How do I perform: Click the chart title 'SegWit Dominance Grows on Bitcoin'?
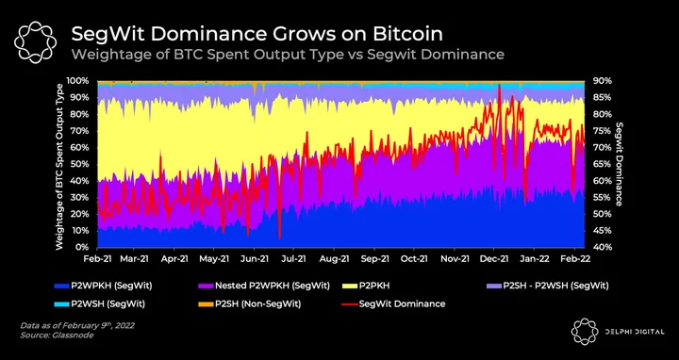257,34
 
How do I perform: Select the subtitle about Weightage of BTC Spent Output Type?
288,55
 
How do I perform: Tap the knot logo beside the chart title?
35,42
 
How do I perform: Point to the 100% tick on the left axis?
78,81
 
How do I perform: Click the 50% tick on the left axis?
80,164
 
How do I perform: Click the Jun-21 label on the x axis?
254,258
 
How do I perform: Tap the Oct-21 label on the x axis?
414,258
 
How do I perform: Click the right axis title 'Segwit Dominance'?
619,164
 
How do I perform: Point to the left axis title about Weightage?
59,167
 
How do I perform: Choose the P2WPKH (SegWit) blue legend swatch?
62,286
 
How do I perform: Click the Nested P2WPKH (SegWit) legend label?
273,286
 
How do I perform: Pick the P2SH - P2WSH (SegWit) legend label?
555,286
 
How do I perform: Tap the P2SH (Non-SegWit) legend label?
258,303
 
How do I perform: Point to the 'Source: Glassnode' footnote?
57,335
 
